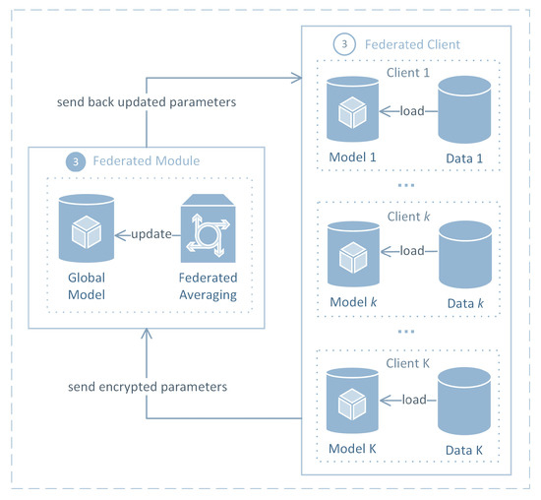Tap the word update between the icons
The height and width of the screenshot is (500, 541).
click(x=144, y=234)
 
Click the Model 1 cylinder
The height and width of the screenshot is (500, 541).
click(x=352, y=110)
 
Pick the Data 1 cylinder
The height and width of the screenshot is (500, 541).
click(x=466, y=110)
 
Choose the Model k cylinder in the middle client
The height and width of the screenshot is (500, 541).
click(x=352, y=252)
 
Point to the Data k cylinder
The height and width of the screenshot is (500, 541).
click(x=466, y=252)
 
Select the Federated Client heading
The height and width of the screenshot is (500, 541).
click(x=413, y=44)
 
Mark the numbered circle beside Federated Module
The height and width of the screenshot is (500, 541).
click(x=75, y=160)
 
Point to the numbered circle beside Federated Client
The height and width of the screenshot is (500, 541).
click(x=342, y=44)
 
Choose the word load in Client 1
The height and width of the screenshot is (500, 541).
click(x=411, y=110)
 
